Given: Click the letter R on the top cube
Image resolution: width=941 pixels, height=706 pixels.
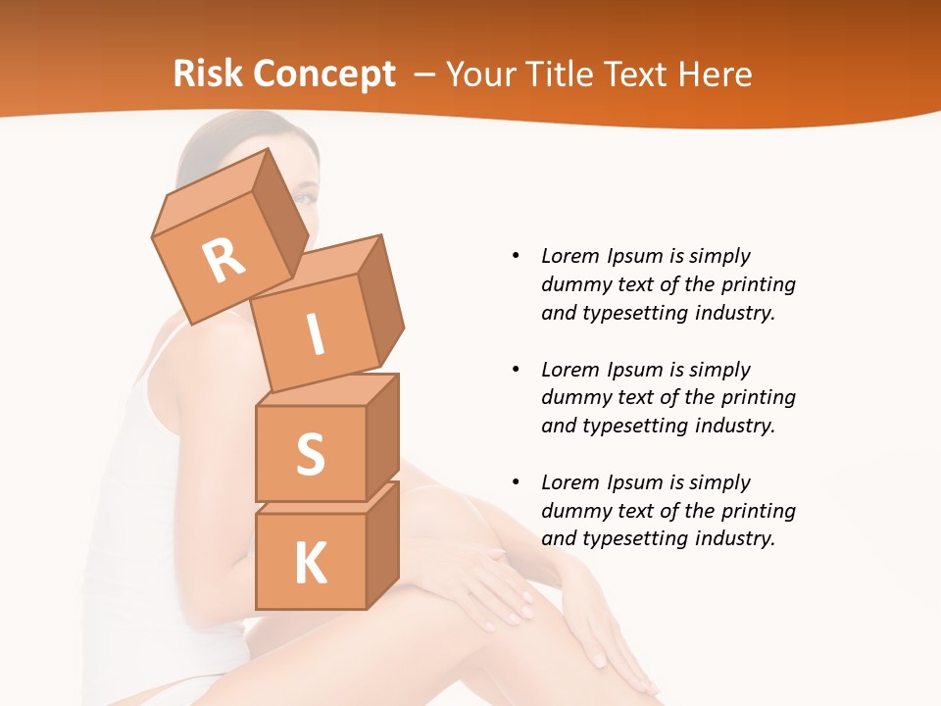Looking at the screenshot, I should coord(223,262).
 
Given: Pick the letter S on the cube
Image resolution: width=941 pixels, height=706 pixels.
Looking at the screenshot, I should coord(310,454).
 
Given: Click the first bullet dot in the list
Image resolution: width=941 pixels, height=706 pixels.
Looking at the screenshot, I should coord(516,256).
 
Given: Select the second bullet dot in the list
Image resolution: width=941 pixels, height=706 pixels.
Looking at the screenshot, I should coord(516,370).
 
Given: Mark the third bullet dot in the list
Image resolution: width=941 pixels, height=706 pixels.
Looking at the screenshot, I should coord(516,482).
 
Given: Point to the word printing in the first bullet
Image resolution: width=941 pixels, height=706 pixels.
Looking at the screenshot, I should coord(762,284).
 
